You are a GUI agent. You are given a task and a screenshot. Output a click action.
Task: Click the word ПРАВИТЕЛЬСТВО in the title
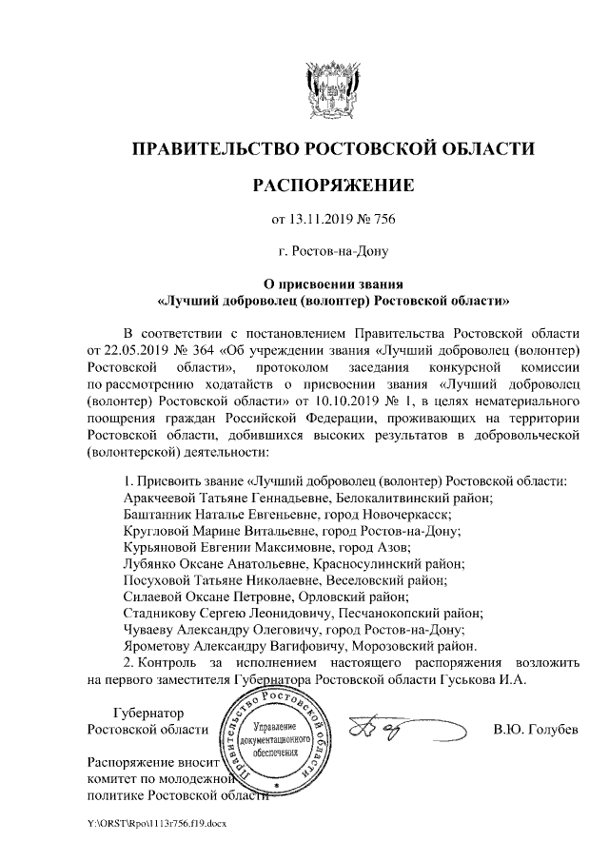[x=211, y=149]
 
